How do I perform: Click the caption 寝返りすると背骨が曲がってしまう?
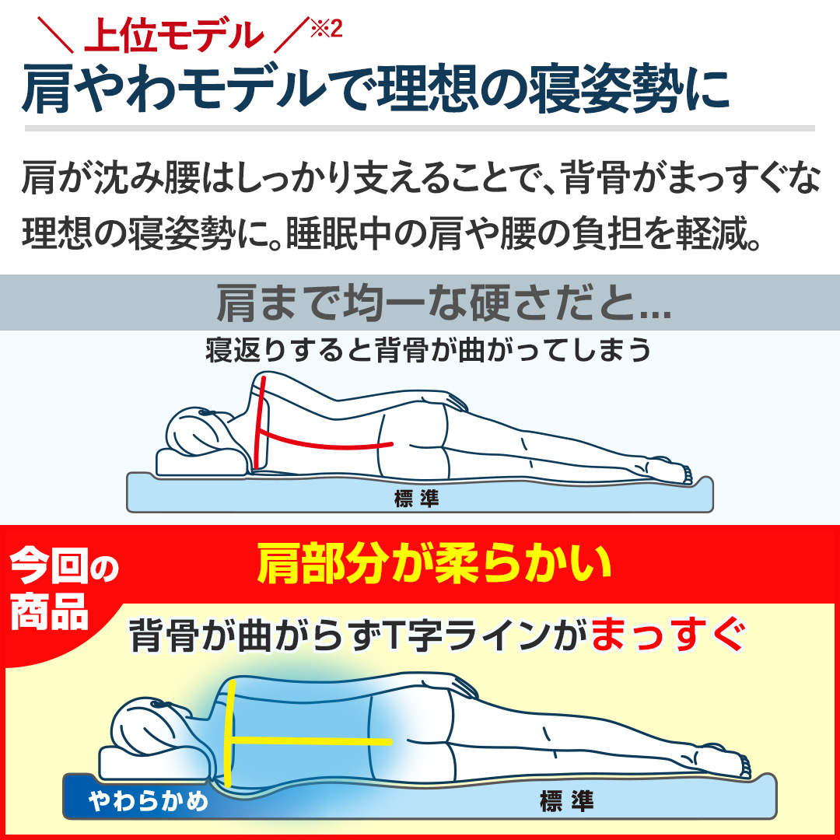[427, 350]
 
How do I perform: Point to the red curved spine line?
[327, 441]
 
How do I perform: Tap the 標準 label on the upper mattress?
[416, 499]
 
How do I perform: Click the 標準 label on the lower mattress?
[566, 800]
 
